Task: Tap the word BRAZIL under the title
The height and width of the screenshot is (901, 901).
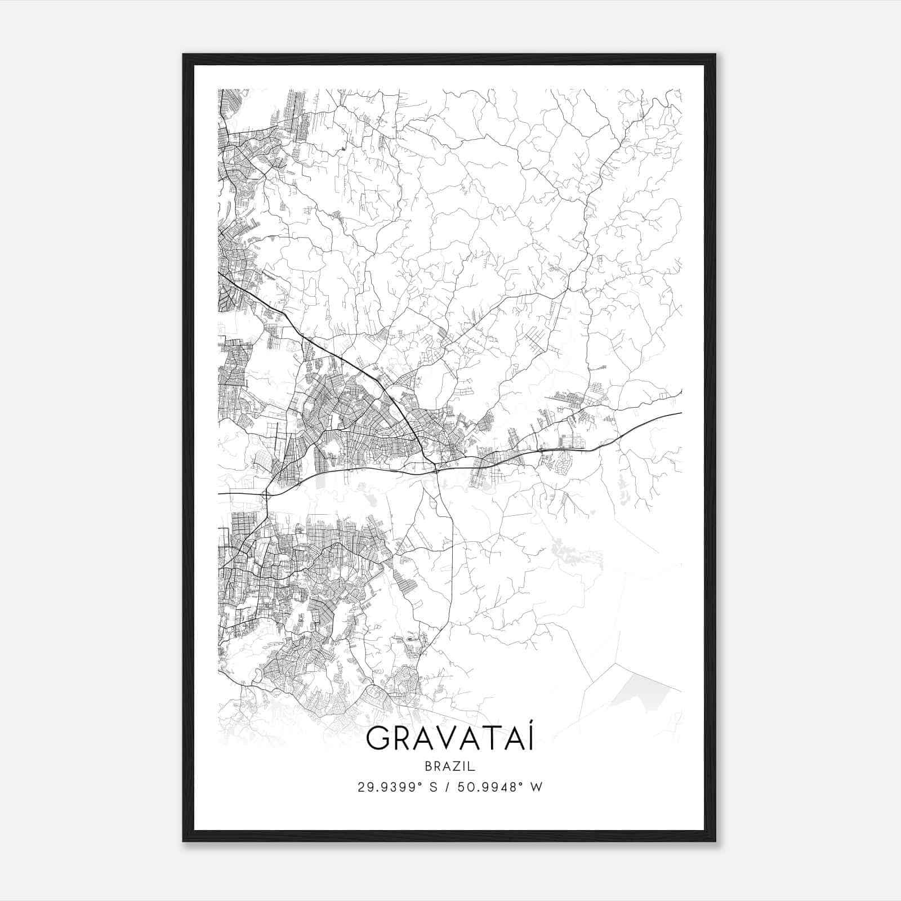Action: point(449,766)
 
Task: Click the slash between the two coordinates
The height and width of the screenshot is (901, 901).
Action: point(443,787)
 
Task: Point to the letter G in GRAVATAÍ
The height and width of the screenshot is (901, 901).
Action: point(377,739)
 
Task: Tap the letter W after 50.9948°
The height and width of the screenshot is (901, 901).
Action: point(536,787)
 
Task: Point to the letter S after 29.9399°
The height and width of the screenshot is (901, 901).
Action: point(432,787)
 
